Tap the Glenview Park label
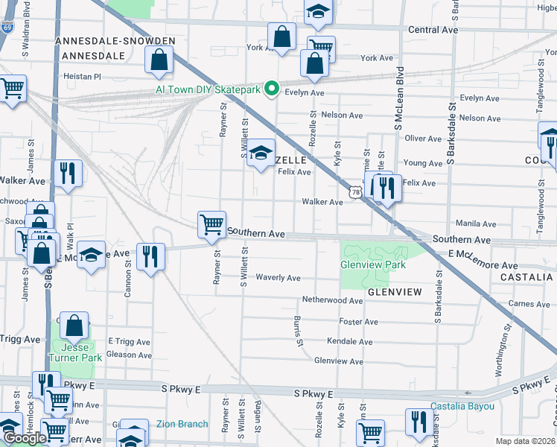pos(372,264)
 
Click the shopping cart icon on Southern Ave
pos(212,224)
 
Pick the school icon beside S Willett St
pos(261,153)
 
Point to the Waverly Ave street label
pos(278,278)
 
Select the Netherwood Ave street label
pos(331,299)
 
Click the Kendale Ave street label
pos(349,341)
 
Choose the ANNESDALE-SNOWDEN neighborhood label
pos(115,41)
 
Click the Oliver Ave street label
pos(424,139)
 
